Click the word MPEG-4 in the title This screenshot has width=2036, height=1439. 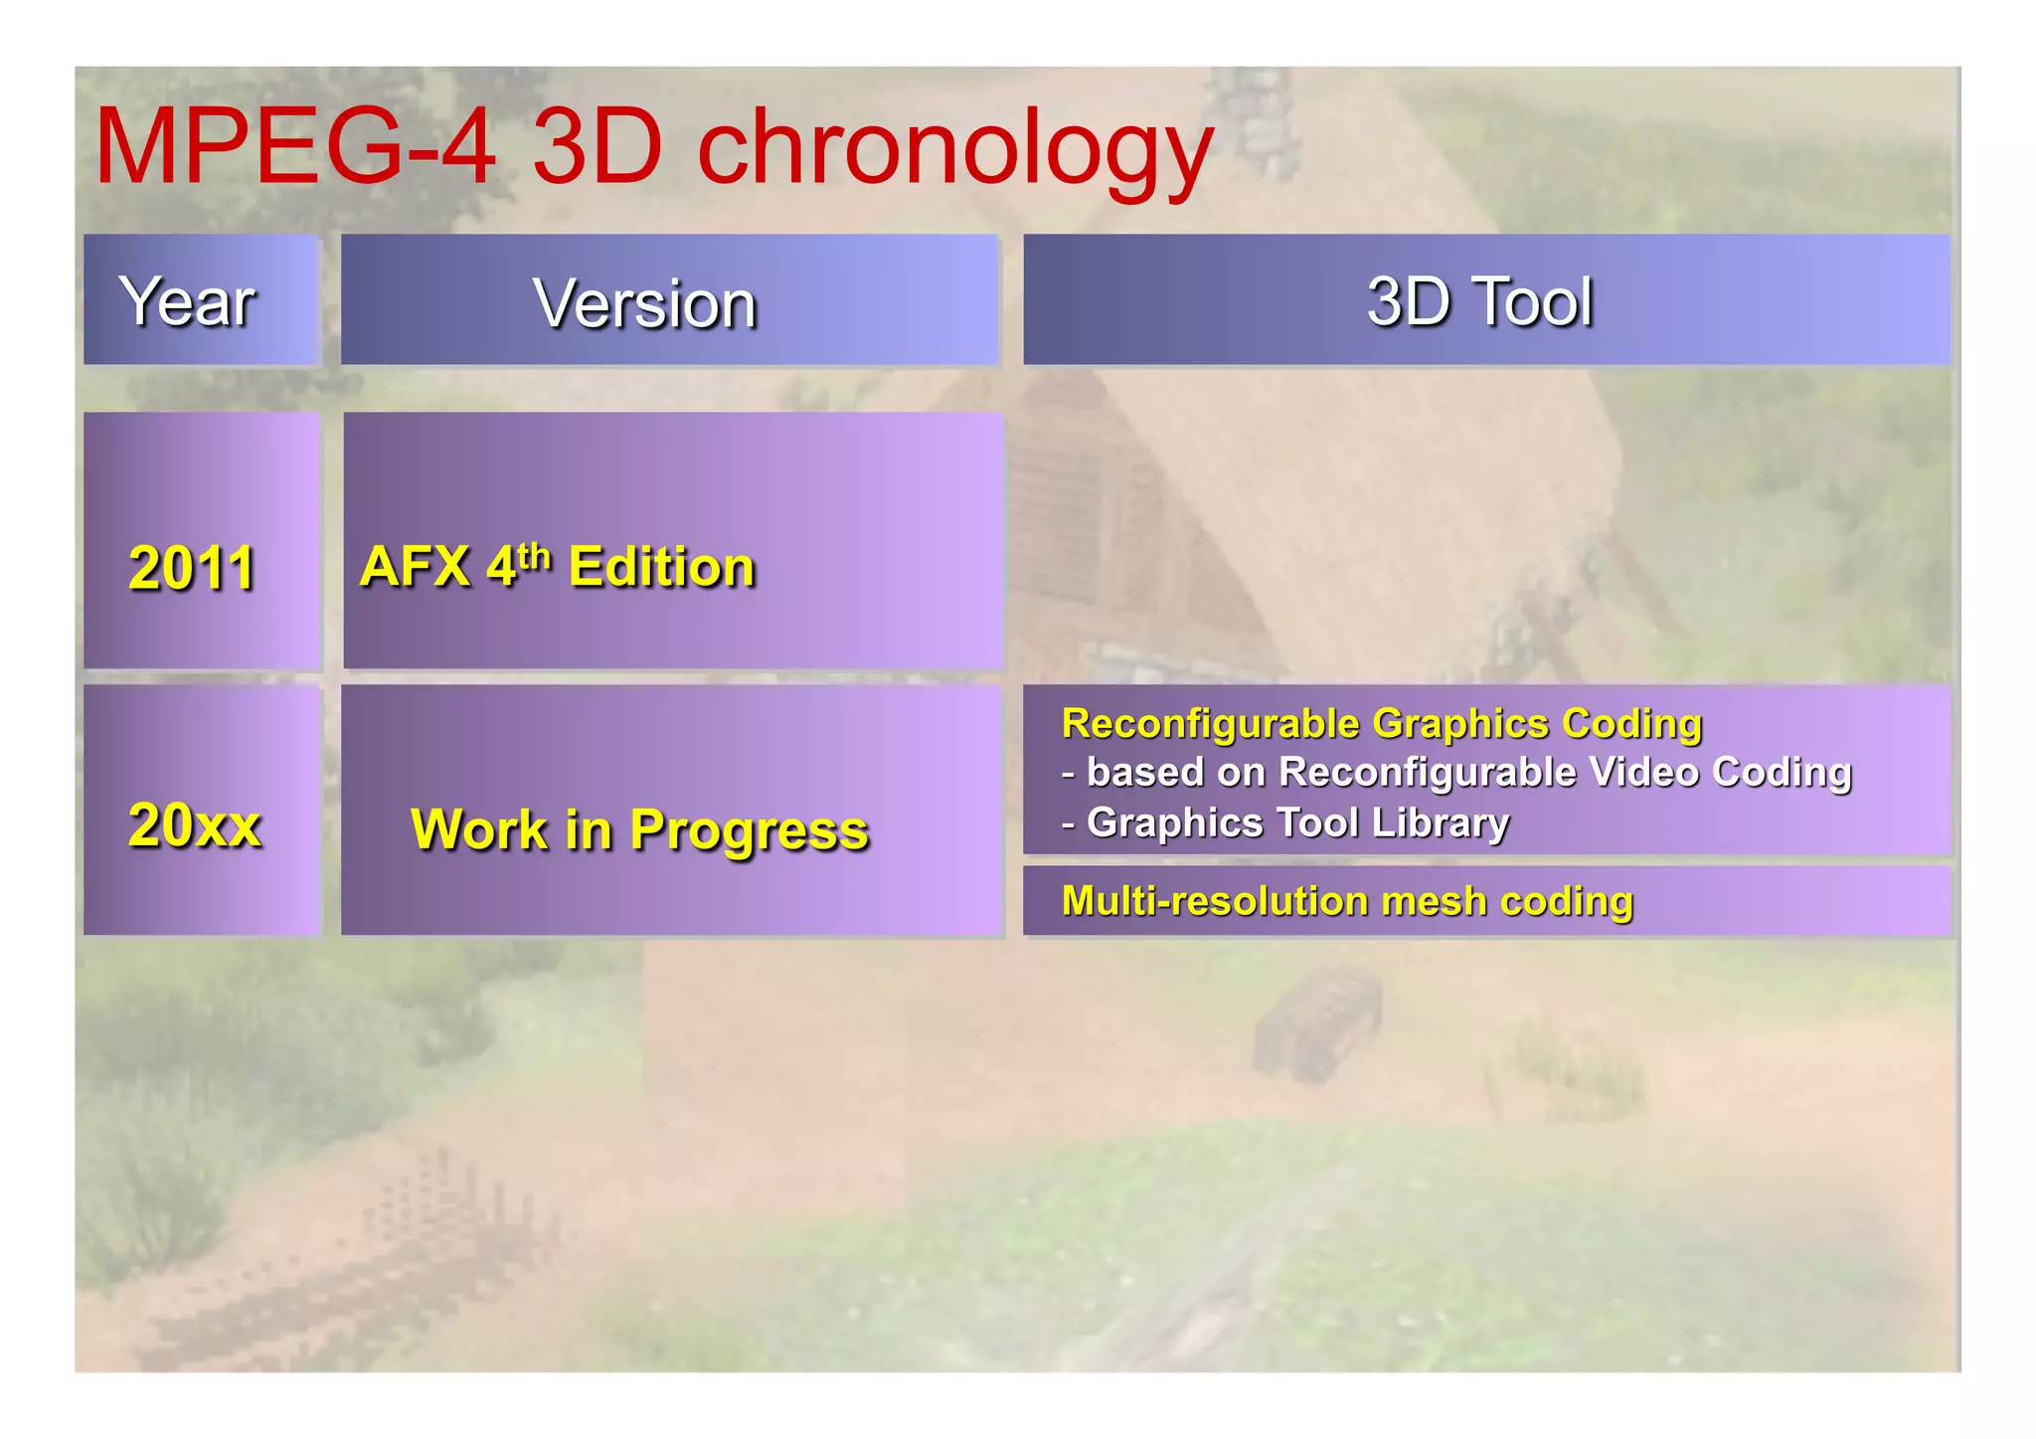[x=294, y=147]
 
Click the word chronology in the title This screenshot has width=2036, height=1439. [x=954, y=149]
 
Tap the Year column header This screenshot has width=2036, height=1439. [x=188, y=300]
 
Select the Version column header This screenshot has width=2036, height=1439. [x=645, y=302]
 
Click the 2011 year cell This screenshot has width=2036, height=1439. [x=192, y=568]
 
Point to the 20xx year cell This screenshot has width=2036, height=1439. [x=195, y=824]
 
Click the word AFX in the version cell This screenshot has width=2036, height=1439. [x=414, y=567]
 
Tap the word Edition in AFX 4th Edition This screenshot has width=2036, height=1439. [x=661, y=567]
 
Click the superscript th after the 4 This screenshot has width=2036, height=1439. [x=534, y=555]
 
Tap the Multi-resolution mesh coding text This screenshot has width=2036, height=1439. [x=1347, y=901]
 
